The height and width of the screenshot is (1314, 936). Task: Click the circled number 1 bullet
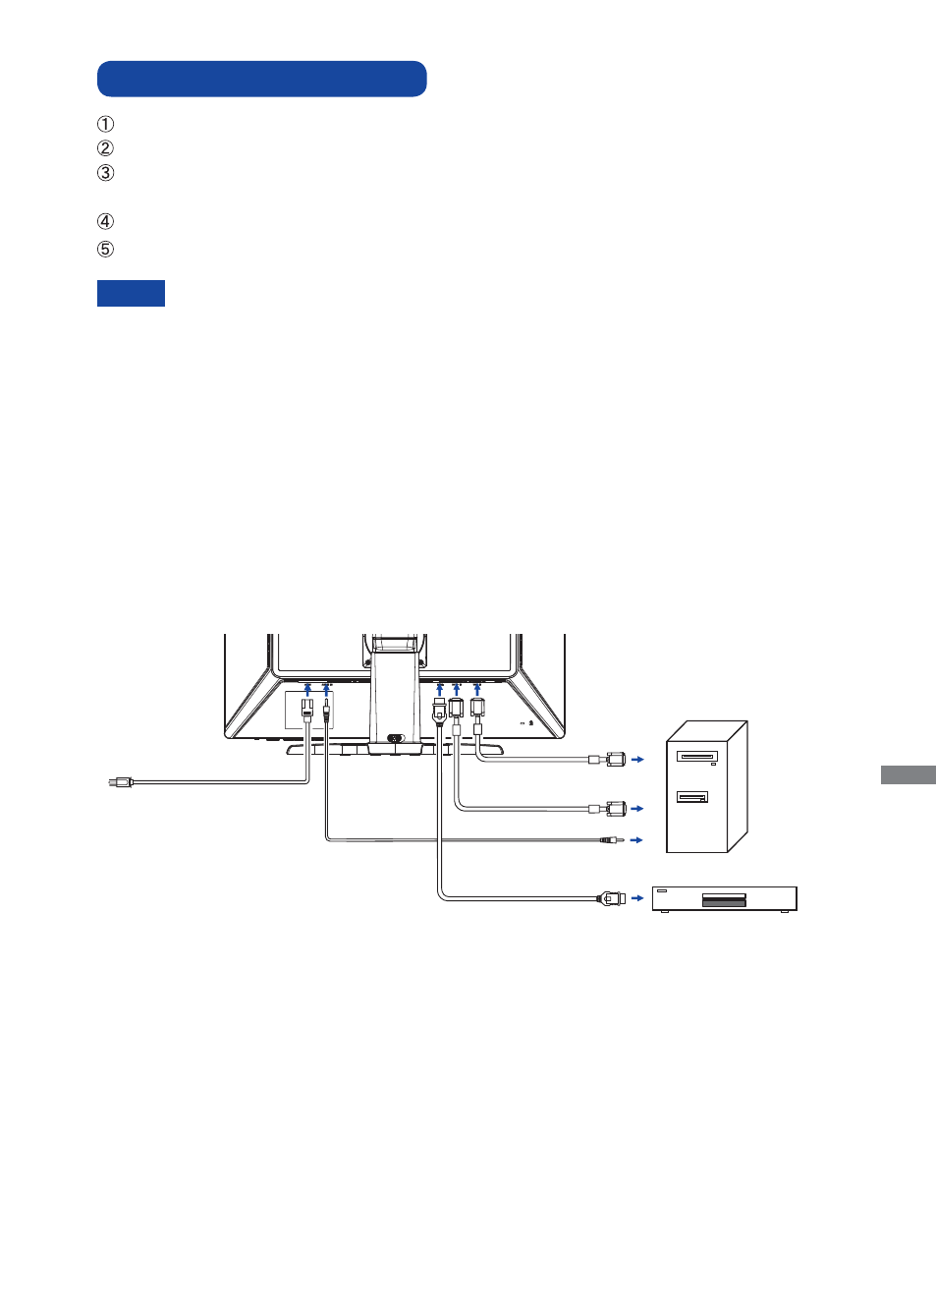pyautogui.click(x=105, y=124)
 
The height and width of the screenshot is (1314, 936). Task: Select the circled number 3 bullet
pyautogui.click(x=105, y=173)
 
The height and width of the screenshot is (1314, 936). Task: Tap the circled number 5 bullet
pyautogui.click(x=105, y=250)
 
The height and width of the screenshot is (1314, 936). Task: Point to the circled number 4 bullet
pyautogui.click(x=105, y=222)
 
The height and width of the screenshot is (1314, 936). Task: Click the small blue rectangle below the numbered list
pyautogui.click(x=131, y=293)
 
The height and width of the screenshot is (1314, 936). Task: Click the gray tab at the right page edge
pyautogui.click(x=908, y=774)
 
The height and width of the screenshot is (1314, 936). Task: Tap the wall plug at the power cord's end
pyautogui.click(x=121, y=782)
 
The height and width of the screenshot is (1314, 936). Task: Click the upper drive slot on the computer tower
pyautogui.click(x=697, y=756)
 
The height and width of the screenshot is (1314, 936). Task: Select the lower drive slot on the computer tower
pyautogui.click(x=692, y=797)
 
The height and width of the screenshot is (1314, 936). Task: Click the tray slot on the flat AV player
pyautogui.click(x=725, y=900)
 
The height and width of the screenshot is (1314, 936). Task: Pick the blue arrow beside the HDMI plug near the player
pyautogui.click(x=637, y=898)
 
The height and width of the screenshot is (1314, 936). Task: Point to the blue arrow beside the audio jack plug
pyautogui.click(x=636, y=840)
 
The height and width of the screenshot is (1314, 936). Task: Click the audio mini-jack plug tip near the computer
pyautogui.click(x=612, y=840)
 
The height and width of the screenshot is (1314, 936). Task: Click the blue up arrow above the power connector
pyautogui.click(x=307, y=689)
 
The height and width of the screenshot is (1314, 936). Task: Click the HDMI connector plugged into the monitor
pyautogui.click(x=440, y=710)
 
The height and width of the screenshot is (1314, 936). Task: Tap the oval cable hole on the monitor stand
pyautogui.click(x=396, y=738)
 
